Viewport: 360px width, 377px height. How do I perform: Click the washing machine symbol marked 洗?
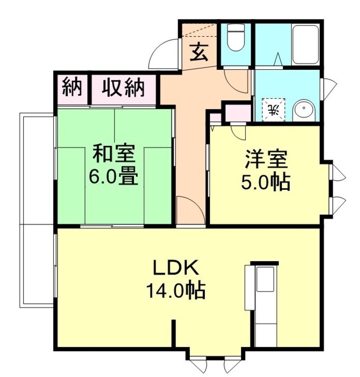click(274, 109)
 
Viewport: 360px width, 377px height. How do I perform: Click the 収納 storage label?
click(123, 88)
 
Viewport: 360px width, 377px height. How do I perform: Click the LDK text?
click(175, 269)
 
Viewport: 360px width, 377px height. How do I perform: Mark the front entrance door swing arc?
click(163, 54)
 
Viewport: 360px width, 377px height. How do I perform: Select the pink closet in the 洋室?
click(237, 113)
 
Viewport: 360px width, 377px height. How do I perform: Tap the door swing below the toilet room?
click(237, 81)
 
